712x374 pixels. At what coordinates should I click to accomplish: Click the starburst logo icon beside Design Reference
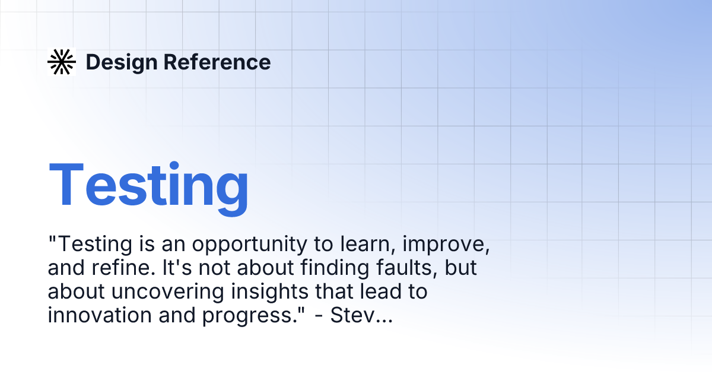[62, 62]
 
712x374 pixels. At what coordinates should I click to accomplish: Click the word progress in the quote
[249, 316]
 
